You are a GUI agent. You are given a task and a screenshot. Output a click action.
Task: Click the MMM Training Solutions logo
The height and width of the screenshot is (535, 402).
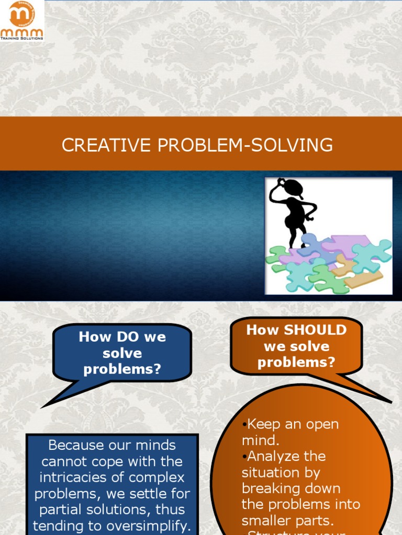(x=22, y=20)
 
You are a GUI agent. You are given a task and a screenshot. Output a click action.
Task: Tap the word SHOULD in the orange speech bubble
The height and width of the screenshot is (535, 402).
(x=314, y=330)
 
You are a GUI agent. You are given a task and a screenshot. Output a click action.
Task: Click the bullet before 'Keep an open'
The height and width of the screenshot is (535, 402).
(x=244, y=424)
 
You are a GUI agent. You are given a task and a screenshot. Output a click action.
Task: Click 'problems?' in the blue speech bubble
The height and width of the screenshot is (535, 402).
(x=122, y=369)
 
